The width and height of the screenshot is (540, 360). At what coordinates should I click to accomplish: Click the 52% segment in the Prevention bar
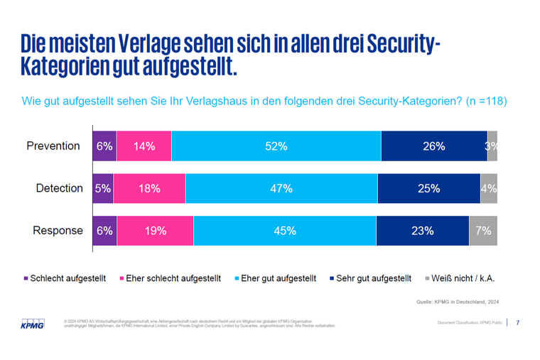[x=276, y=146]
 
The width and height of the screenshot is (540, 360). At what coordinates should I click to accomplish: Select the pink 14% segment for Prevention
[x=144, y=146]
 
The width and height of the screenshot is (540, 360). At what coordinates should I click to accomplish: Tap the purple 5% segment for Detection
[x=103, y=188]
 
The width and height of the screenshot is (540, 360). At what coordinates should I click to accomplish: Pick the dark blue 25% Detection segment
[x=429, y=188]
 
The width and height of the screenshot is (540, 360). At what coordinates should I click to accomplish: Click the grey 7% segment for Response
[x=482, y=231]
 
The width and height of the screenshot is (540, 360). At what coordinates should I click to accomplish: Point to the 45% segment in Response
[x=284, y=231]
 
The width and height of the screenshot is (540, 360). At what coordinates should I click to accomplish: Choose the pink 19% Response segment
[x=155, y=231]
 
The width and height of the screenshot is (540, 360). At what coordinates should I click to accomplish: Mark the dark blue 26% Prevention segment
[x=434, y=146]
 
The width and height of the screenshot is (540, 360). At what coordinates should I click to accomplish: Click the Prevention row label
[x=53, y=146]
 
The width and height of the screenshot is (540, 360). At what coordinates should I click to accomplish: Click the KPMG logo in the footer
[x=32, y=324]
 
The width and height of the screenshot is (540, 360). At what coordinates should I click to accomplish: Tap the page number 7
[x=517, y=323]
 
